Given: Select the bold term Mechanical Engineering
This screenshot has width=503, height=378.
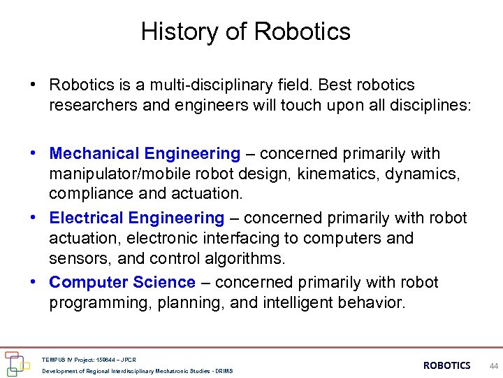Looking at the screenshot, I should click(x=145, y=153).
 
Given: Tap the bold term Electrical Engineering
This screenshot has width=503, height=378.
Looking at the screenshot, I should click(x=137, y=218).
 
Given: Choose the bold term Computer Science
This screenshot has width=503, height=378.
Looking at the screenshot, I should click(x=122, y=283).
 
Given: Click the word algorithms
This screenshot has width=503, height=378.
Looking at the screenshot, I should click(x=242, y=258).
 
